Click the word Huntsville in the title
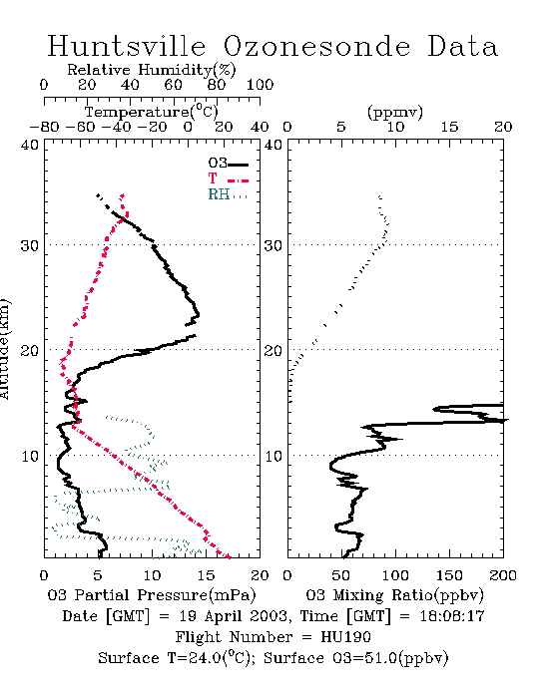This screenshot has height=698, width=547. tap(127, 46)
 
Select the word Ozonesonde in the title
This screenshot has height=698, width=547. tap(316, 46)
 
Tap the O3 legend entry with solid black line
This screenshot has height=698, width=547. tap(228, 164)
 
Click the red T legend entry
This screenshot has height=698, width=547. tap(228, 178)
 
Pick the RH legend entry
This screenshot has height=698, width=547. tap(228, 194)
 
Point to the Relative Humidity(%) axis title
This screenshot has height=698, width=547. tap(152, 70)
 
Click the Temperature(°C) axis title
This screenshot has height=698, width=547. tap(152, 112)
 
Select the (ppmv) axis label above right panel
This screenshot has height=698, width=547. tap(395, 112)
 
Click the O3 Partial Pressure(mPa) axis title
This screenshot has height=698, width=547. tap(152, 595)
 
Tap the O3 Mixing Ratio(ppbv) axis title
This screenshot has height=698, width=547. tap(394, 595)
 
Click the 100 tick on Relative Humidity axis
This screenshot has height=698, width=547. tap(260, 85)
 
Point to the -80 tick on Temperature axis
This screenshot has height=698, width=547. tap(44, 128)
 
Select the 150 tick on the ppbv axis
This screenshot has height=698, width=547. tap(449, 575)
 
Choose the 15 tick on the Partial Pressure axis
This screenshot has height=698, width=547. tap(206, 575)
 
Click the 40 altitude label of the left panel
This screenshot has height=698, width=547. tap(30, 146)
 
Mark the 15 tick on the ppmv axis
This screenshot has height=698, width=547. tap(449, 128)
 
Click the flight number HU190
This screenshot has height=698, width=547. tap(345, 637)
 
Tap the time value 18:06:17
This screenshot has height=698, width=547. tap(452, 616)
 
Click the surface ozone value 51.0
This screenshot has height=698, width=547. tap(380, 658)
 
